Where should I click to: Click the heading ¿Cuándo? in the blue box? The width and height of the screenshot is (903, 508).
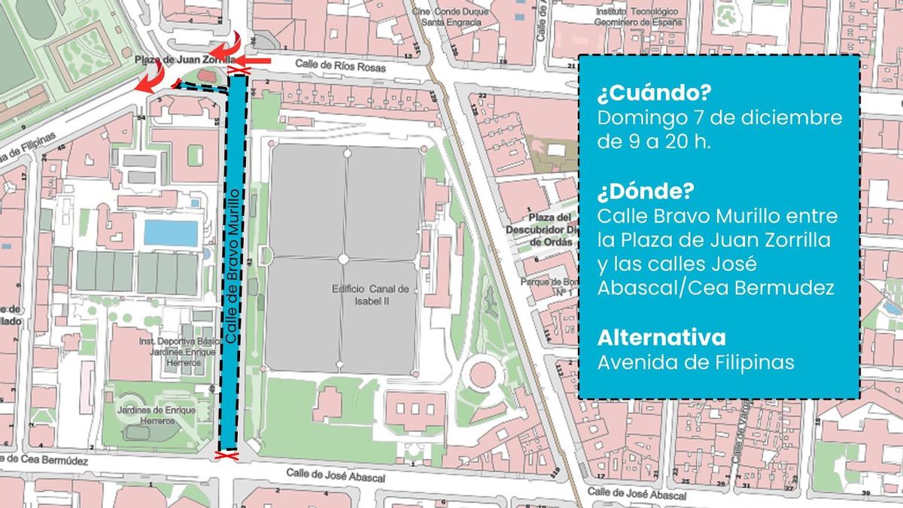pyautogui.click(x=654, y=94)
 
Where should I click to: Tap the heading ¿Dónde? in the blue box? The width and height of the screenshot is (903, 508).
pyautogui.click(x=645, y=192)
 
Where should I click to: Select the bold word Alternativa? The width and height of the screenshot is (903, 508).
pyautogui.click(x=661, y=336)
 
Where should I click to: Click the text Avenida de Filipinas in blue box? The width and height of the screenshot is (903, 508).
pyautogui.click(x=695, y=363)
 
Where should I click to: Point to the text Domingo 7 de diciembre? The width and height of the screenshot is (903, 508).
pyautogui.click(x=719, y=118)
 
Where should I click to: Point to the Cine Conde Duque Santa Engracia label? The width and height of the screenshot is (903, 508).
pyautogui.click(x=451, y=17)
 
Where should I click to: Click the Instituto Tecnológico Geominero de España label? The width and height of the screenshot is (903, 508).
pyautogui.click(x=637, y=17)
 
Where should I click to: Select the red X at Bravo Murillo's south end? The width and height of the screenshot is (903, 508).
pyautogui.click(x=224, y=455)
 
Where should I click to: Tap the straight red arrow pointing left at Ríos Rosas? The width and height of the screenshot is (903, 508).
pyautogui.click(x=257, y=59)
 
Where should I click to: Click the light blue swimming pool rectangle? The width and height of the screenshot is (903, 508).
pyautogui.click(x=171, y=233)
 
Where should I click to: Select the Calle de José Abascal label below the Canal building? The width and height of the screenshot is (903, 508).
pyautogui.click(x=336, y=475)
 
